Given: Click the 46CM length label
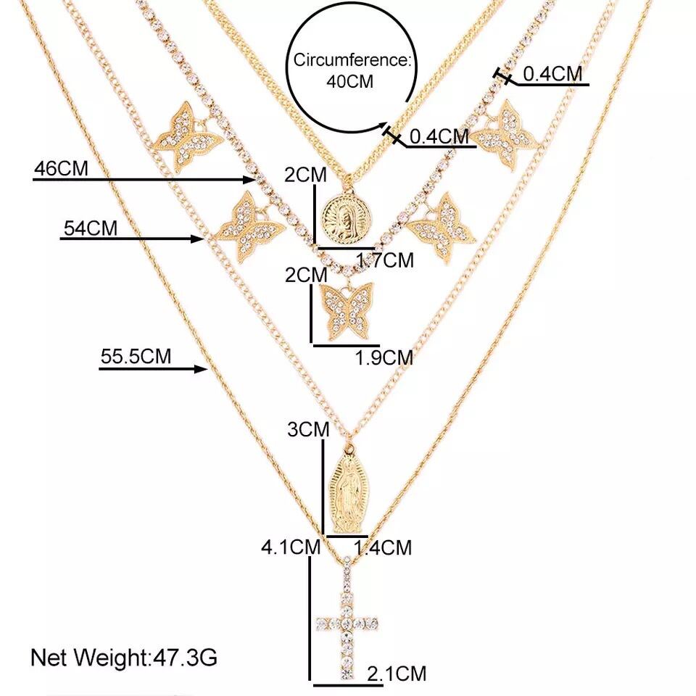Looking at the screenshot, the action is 61,169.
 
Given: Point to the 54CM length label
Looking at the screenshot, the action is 91,228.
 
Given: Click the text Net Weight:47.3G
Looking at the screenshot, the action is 123,658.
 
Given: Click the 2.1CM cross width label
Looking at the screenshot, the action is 397,674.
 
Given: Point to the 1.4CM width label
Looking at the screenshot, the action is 382,547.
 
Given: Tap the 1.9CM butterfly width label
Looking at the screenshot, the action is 384,357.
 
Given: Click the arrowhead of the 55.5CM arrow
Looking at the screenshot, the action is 203,370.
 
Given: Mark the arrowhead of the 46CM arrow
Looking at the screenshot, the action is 249,179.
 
